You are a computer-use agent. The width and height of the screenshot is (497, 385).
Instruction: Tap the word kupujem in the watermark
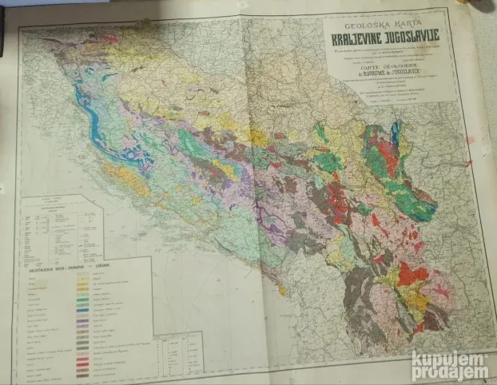point(450,359)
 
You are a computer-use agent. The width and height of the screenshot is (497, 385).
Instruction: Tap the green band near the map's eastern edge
point(415,204)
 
